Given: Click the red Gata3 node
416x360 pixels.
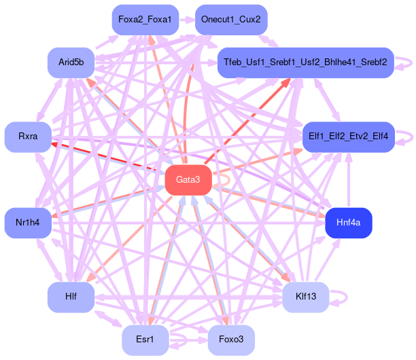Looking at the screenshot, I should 188,180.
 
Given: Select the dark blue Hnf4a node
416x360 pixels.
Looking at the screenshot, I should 348,223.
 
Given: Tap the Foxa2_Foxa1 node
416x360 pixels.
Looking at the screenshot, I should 145,20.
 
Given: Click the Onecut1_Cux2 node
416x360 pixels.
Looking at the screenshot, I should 231,20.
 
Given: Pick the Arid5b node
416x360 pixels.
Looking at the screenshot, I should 71,62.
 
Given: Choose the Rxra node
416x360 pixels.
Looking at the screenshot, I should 28,137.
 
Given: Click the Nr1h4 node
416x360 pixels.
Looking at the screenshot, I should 28,223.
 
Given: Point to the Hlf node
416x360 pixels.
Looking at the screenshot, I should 71,297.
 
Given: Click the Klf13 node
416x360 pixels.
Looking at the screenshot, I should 305,297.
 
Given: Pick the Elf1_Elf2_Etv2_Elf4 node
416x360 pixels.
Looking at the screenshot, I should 348,137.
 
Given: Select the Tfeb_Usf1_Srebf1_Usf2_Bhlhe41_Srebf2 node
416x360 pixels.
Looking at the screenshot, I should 305,62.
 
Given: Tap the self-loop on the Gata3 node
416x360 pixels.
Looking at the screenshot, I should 224,180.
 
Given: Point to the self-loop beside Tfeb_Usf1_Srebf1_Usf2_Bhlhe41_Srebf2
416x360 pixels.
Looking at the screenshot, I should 406,62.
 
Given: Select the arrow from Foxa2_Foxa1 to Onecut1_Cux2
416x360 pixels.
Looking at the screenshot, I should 188,20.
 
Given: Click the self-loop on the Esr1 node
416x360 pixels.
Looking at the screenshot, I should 181,340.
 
